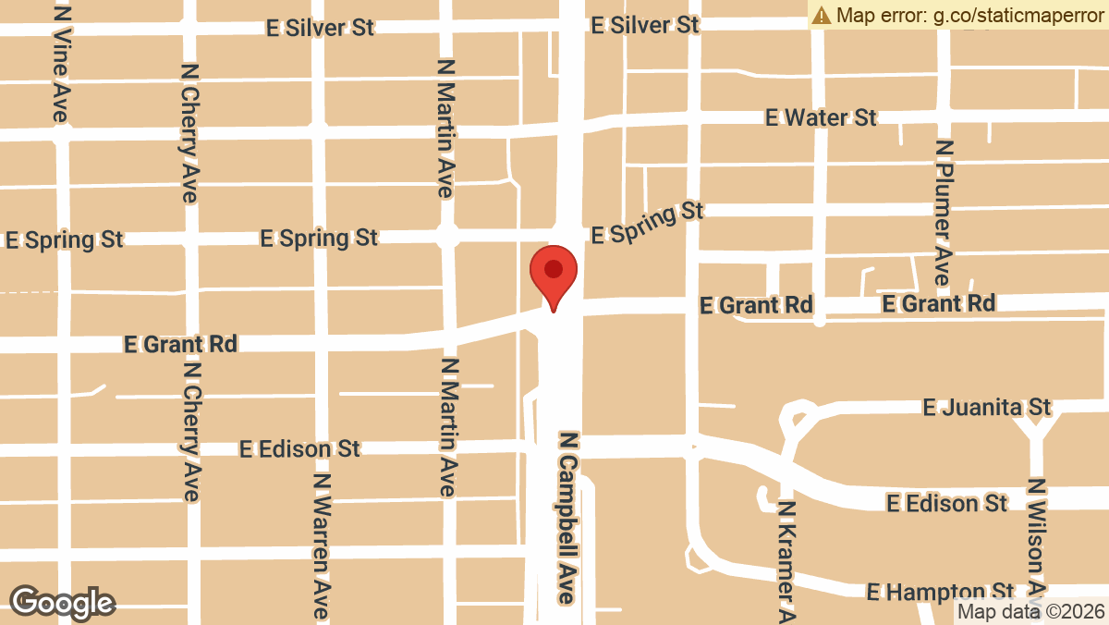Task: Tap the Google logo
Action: click(62, 603)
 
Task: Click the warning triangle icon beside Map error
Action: click(821, 15)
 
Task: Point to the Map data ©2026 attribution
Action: click(1030, 611)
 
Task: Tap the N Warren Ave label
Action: click(321, 545)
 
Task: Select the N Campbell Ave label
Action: click(567, 517)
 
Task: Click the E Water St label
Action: click(821, 117)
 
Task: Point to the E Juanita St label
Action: click(987, 407)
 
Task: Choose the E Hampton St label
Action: click(939, 592)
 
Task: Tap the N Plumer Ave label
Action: click(943, 213)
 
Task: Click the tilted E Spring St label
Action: click(648, 223)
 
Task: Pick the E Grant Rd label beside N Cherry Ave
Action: click(180, 344)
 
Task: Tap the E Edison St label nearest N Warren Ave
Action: click(299, 449)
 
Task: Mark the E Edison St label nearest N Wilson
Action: click(946, 503)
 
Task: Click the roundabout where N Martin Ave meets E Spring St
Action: click(448, 236)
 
